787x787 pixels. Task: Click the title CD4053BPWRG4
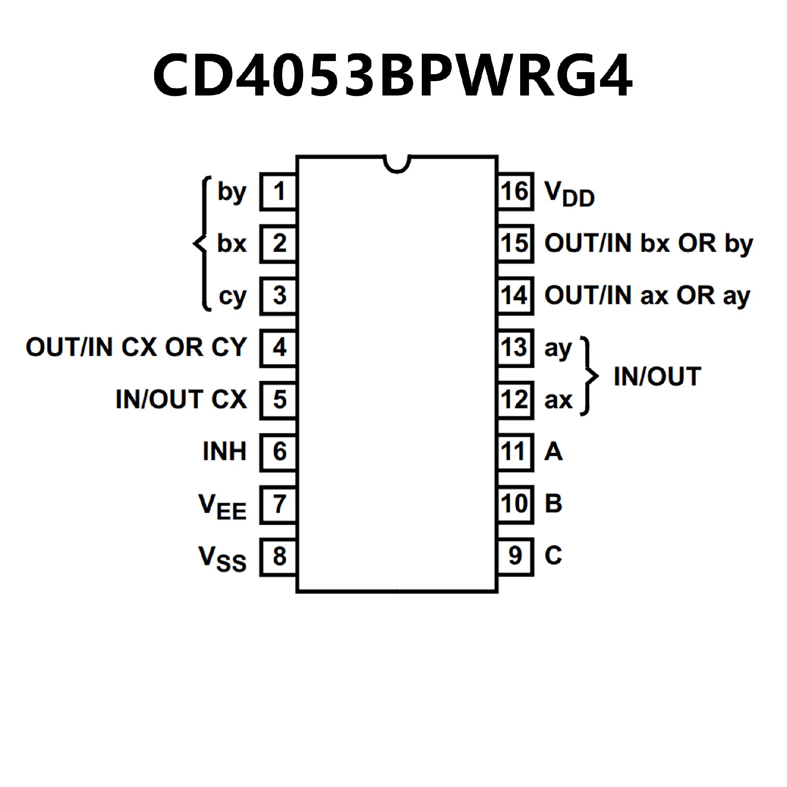coord(393,75)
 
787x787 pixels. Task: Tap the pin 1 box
coord(278,191)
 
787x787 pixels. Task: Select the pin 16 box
coord(515,191)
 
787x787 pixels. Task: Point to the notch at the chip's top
coord(396,164)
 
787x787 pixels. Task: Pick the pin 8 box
coord(278,556)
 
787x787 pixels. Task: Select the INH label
coord(224,452)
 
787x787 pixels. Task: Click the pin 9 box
coord(515,556)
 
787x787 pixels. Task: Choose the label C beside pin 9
coord(553,556)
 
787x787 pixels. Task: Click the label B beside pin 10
coord(553,504)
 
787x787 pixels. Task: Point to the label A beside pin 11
coord(553,452)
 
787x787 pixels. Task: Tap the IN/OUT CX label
coord(181,399)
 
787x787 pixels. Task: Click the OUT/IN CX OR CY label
coord(136,347)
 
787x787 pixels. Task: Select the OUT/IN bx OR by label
coord(648,244)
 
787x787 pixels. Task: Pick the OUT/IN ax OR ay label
coord(647,296)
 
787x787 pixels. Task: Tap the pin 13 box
coord(515,348)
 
